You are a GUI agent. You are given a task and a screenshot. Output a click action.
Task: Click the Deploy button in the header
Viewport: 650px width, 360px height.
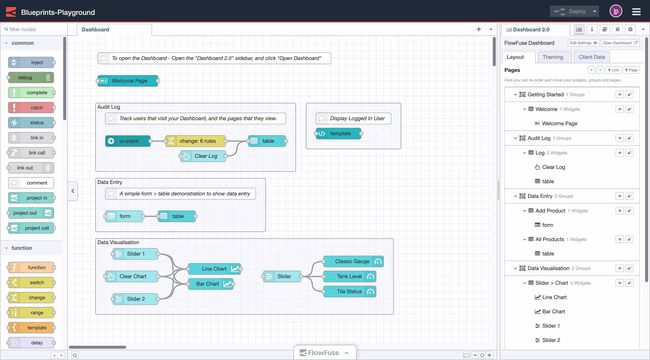click(565, 11)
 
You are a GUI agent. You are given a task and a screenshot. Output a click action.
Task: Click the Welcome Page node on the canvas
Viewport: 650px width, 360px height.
click(130, 80)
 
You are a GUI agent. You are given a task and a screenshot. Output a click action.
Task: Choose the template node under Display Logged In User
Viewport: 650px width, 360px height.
click(339, 133)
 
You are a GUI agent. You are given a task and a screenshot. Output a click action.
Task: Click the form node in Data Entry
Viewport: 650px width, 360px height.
click(125, 216)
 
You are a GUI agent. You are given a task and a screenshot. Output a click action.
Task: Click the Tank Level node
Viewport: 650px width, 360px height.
click(350, 276)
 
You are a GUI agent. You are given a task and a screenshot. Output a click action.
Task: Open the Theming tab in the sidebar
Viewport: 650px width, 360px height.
click(552, 57)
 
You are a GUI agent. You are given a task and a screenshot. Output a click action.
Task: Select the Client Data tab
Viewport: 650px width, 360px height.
click(592, 57)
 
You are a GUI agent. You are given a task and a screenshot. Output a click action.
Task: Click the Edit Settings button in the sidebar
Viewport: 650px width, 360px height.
click(583, 43)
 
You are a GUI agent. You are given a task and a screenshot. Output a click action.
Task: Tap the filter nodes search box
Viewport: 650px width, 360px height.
click(34, 30)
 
